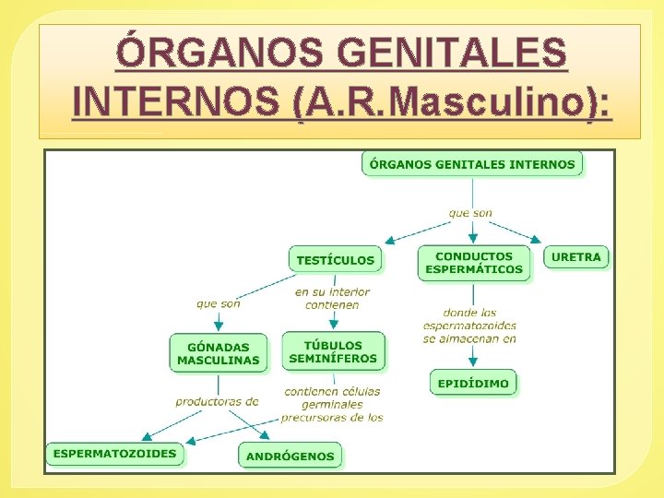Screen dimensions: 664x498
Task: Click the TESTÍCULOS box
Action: pos(336,260)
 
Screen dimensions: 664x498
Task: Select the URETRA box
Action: pos(576,257)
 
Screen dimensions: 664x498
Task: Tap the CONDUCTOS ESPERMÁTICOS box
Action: pos(474,263)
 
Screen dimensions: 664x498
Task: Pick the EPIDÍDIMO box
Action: pos(473,383)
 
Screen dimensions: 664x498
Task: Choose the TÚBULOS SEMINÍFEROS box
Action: pos(333,351)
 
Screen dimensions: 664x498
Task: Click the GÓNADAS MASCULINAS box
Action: pos(219,353)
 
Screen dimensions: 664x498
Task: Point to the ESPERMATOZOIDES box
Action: pos(114,454)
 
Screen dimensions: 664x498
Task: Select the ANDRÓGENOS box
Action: pos(290,456)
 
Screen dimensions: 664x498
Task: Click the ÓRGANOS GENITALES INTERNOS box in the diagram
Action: pos(472,165)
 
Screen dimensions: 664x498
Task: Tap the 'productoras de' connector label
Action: pos(217,401)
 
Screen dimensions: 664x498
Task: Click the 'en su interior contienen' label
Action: pos(333,298)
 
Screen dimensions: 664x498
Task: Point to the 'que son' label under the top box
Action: pos(470,213)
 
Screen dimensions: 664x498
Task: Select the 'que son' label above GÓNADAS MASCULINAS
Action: pos(219,302)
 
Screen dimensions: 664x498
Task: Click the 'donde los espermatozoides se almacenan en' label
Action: pos(469,326)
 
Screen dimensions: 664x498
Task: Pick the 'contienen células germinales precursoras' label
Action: pos(333,404)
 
